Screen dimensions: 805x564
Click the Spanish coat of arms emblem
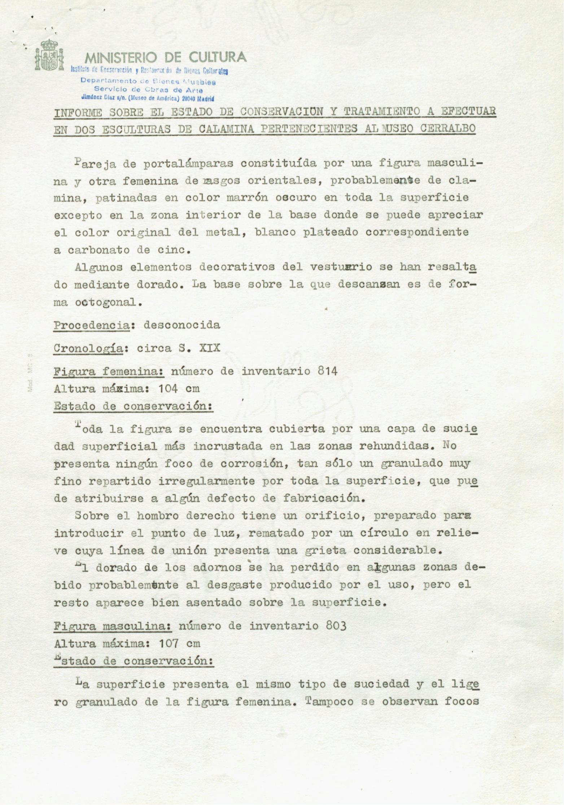49,55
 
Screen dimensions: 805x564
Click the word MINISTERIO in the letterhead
121,57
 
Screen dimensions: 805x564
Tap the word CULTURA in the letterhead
218,57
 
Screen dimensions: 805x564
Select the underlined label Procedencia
91,325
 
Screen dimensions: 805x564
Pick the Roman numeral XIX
209,348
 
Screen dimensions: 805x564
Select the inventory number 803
336,626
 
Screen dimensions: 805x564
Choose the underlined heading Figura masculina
112,626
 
